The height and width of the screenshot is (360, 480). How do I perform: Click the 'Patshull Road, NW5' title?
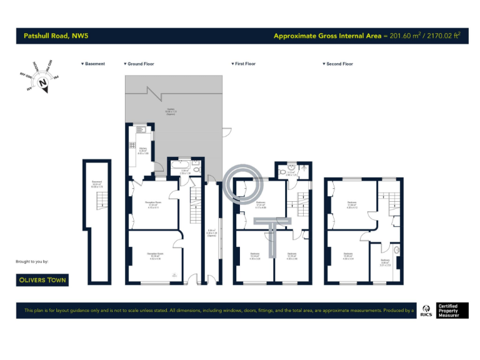56,36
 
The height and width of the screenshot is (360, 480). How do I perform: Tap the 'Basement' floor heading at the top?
95,64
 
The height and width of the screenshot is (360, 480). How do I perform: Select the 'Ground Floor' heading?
141,64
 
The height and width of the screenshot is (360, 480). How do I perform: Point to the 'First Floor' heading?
245,64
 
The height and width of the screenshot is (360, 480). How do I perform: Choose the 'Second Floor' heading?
339,64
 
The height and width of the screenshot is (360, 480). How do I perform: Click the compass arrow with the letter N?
42,83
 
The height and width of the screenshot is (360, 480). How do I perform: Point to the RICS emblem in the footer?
427,311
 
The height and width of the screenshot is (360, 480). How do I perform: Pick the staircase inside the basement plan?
98,201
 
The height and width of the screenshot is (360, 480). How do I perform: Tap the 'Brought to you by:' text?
32,261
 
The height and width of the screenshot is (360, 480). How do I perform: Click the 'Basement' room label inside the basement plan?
97,184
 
